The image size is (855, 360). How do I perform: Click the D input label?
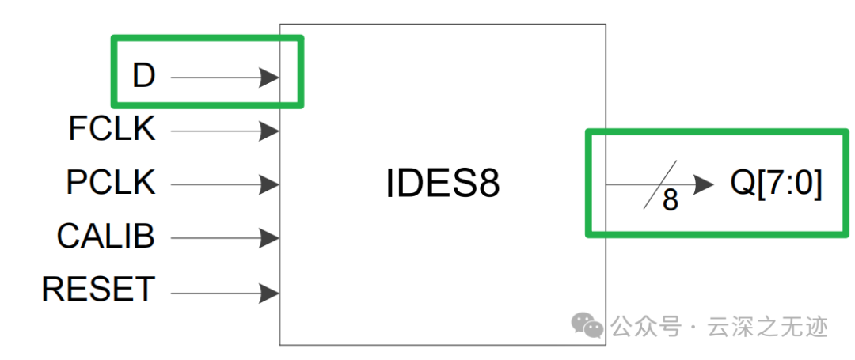point(143,77)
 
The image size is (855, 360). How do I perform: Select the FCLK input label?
point(112,130)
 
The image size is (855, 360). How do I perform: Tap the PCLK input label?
point(111,184)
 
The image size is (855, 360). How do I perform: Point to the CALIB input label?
point(106,237)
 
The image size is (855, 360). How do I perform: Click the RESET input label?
point(98,290)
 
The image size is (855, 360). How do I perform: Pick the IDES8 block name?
point(443,184)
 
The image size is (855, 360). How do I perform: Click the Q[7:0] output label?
point(776,184)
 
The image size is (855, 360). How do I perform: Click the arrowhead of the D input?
point(269,78)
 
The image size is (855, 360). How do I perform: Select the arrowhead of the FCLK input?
point(269,131)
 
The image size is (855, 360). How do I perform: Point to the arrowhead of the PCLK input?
point(269,185)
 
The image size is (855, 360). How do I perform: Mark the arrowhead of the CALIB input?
point(269,237)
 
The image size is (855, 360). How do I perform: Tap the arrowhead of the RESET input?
point(269,294)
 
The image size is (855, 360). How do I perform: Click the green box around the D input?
point(207,38)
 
